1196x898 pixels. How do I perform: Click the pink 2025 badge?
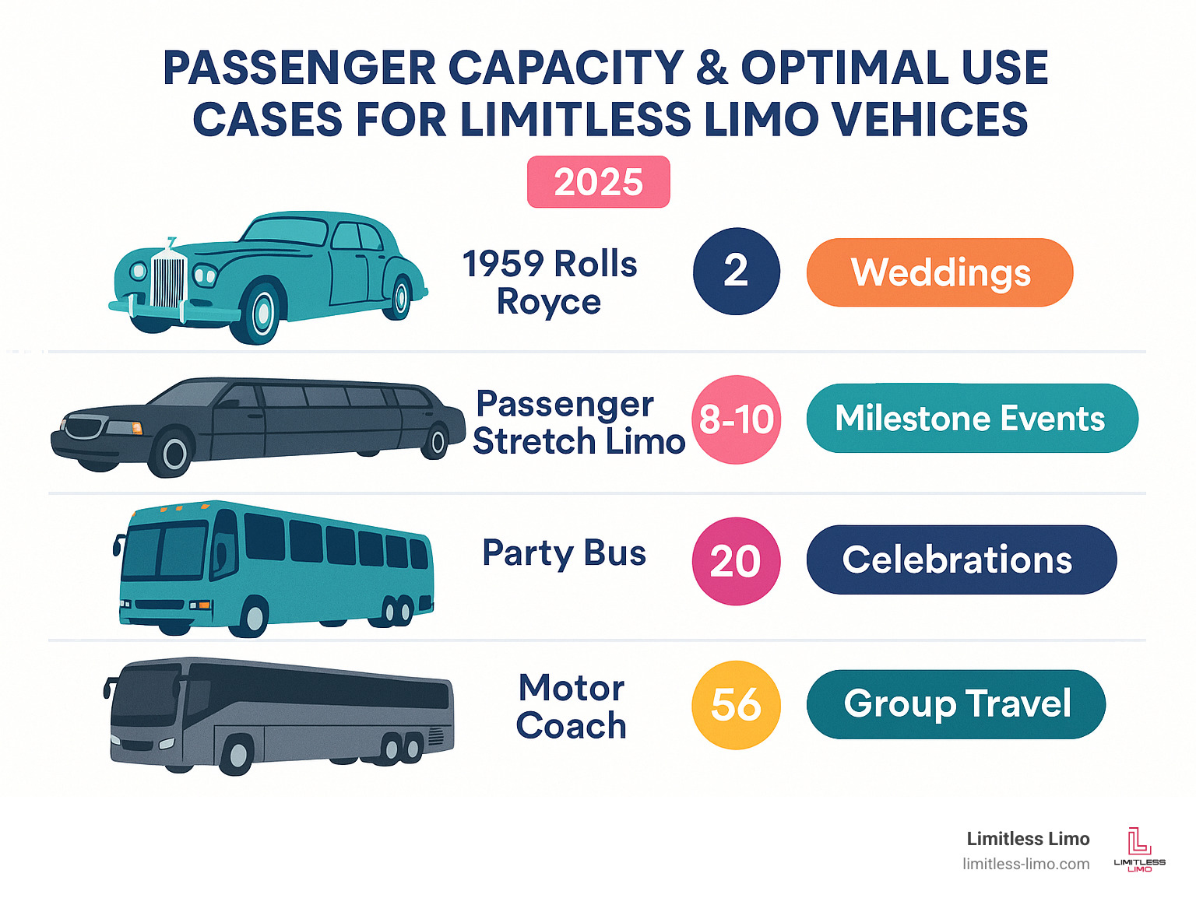tap(598, 182)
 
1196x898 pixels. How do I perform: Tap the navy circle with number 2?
tap(736, 272)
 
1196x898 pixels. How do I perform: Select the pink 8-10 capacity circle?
tap(736, 419)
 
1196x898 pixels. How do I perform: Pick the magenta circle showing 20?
tap(736, 561)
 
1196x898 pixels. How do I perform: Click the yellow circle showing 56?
tap(736, 705)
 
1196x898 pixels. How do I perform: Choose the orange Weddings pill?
tap(940, 272)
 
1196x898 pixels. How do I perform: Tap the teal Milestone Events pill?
tap(972, 419)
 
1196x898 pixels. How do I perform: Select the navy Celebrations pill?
tap(961, 560)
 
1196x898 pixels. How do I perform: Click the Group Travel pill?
tap(956, 704)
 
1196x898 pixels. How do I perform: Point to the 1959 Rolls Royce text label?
tap(550, 282)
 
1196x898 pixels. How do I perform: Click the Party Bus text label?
tap(564, 553)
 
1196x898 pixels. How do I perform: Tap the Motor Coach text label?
tap(572, 707)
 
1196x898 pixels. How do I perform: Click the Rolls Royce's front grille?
tap(168, 280)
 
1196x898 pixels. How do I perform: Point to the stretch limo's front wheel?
tap(174, 453)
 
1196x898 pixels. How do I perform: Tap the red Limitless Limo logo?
tap(1139, 848)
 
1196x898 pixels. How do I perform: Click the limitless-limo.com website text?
tap(1025, 865)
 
